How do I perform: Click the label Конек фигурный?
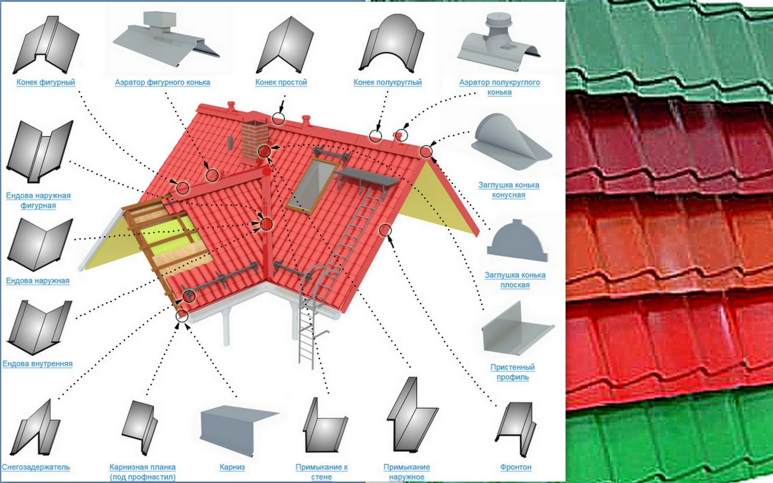coord(46,82)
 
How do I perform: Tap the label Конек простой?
coord(281,82)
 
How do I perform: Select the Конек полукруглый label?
coord(388,82)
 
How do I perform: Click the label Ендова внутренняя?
coord(37,363)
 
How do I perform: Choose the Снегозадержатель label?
coord(36,467)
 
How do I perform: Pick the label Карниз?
coord(232,467)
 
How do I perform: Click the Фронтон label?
coord(516,467)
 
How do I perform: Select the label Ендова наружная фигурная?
coord(38,200)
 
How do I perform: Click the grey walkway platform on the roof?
coord(367,177)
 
